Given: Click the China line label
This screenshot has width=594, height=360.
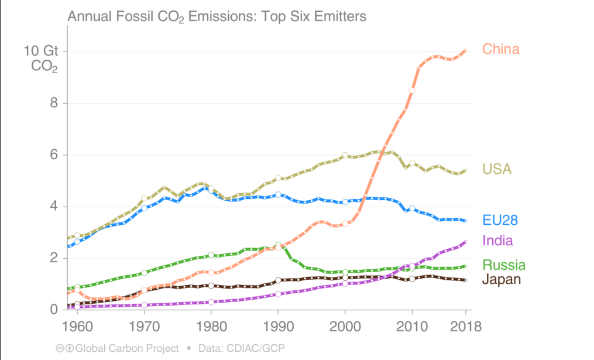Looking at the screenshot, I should (500, 49).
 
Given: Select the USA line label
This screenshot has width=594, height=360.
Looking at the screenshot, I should (497, 169).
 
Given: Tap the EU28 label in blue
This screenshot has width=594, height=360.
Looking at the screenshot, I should (500, 221).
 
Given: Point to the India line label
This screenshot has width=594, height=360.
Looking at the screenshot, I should (497, 240).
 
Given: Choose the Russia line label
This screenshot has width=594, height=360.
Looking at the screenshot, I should (504, 265).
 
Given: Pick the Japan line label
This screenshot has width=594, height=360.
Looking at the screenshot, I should (501, 279).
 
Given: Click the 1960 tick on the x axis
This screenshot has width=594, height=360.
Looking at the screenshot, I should (77, 326).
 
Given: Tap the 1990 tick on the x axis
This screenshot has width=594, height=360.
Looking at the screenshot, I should (279, 326).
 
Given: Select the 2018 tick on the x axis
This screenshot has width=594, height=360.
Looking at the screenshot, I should (466, 326).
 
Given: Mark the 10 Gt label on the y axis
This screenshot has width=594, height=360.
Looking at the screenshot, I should (40, 51).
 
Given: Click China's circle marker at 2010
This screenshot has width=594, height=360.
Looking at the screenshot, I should (413, 90).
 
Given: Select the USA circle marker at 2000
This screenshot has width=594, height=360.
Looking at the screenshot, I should (345, 155).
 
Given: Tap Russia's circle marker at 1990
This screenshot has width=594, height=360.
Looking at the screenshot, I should (279, 245).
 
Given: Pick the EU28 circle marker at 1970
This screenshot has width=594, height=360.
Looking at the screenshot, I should (144, 208).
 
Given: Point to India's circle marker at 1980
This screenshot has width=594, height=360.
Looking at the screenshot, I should (211, 302).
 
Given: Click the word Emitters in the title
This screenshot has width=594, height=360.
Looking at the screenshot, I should (338, 16).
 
